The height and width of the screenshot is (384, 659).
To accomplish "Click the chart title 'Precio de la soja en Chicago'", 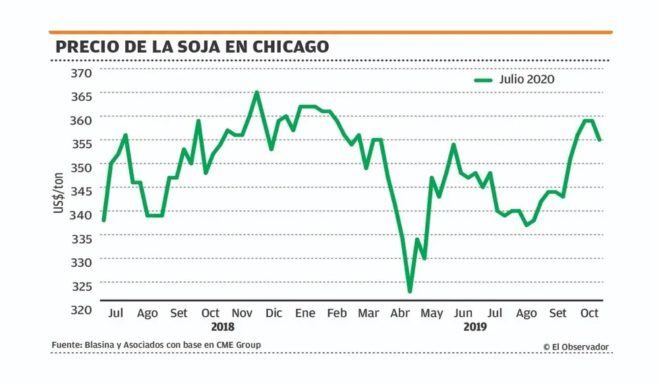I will coord(192,47).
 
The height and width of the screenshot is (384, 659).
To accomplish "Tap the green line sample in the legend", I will coord(484,80).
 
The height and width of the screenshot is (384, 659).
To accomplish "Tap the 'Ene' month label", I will coord(305,313).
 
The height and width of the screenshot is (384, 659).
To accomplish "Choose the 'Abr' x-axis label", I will coord(400,313).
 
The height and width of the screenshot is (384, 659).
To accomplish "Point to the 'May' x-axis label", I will coord(432,313).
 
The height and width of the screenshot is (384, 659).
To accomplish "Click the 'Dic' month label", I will coord(274,313).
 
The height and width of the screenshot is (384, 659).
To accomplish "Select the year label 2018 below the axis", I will coord(223,327).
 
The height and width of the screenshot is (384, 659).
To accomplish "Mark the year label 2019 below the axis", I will coord(475,327).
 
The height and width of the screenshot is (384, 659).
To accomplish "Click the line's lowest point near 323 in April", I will coord(410,291).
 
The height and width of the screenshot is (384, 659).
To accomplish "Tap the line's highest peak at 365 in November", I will coord(256,92).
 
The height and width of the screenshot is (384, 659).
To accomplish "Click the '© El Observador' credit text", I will coord(576,347).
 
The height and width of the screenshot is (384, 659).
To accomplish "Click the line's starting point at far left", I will coord(103,220).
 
